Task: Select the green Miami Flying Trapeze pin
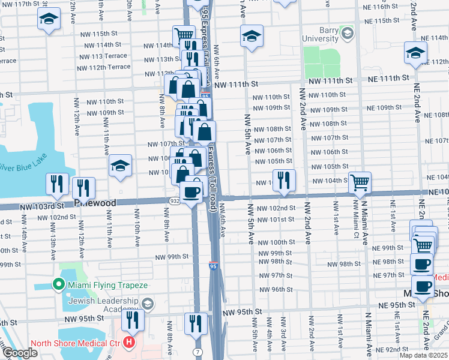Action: pos(59,284)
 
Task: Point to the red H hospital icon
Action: pos(128,343)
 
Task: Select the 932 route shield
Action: pos(174,201)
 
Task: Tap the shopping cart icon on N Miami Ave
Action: pos(360,182)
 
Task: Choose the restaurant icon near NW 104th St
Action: pos(284,181)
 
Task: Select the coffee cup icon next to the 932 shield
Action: pos(191,193)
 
